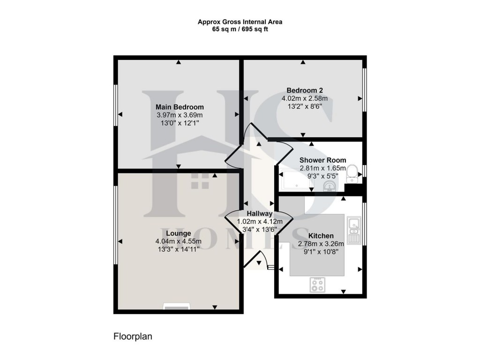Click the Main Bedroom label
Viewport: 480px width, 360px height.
180,107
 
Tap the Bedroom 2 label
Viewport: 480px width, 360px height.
304,90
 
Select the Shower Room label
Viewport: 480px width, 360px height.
322,160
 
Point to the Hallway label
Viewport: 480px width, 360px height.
260,214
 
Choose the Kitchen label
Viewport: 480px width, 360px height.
321,235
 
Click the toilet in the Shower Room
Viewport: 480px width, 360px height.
352,174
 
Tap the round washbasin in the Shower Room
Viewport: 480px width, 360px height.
330,187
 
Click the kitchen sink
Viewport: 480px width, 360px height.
354,230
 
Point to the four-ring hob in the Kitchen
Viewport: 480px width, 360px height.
318,285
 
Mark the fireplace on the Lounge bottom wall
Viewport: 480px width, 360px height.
176,307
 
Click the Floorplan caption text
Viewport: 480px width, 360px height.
133,336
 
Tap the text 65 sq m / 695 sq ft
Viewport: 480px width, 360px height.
240,29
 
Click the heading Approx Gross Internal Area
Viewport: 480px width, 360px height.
240,22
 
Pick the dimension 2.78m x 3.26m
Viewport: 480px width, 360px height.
321,244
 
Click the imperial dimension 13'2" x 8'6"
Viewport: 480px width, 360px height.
304,106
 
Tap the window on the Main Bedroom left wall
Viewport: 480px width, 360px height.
116,105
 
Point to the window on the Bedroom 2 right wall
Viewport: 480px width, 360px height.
365,90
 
